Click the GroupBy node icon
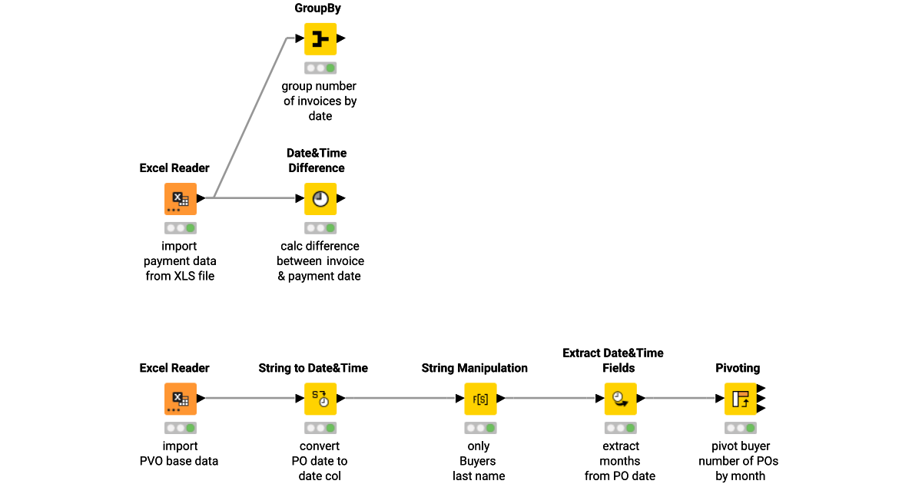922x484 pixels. (320, 38)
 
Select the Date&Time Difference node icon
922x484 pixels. (320, 198)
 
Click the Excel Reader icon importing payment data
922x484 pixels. (181, 198)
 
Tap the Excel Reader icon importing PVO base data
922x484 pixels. (181, 399)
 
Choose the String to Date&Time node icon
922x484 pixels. (320, 399)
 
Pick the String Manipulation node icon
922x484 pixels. (480, 399)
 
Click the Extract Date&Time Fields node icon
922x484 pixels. (620, 399)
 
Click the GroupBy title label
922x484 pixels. (318, 8)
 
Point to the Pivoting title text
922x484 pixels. (738, 368)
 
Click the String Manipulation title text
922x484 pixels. (475, 368)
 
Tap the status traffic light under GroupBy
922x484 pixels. (320, 68)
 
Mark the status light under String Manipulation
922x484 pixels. (480, 428)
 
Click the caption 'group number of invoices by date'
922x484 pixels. (320, 101)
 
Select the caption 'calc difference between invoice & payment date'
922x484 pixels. (320, 261)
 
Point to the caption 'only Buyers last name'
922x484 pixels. (479, 461)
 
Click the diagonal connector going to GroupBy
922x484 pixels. (250, 115)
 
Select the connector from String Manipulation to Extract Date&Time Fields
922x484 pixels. (550, 399)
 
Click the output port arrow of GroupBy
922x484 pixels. (341, 38)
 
